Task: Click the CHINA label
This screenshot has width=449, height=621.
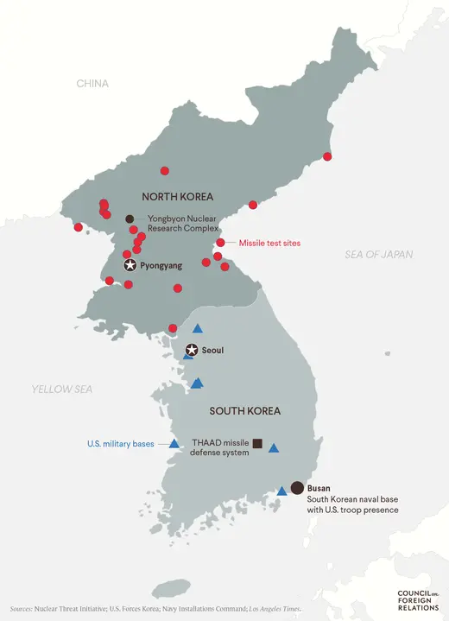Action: tap(92, 84)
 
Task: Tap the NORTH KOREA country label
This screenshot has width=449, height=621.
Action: tap(178, 197)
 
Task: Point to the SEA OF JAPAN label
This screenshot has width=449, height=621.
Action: tap(378, 254)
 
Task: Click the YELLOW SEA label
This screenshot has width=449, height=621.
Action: tap(62, 390)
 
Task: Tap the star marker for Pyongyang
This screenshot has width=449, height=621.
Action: tap(130, 265)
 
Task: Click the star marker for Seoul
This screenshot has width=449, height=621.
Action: tap(191, 351)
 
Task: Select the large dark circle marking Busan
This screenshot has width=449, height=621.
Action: tap(298, 488)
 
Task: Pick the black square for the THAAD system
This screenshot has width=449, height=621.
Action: tap(257, 444)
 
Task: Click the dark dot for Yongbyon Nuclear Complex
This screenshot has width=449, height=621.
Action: tap(130, 219)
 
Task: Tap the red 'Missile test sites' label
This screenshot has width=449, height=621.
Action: tap(269, 244)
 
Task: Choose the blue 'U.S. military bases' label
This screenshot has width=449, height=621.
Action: tap(120, 444)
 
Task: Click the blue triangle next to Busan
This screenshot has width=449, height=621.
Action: tap(281, 491)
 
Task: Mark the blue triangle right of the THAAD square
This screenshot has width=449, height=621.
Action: tap(274, 448)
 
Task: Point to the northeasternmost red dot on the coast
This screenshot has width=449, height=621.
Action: tap(327, 156)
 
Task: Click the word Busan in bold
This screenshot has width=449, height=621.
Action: tap(319, 488)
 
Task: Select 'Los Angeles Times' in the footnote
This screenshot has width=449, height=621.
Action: tap(276, 609)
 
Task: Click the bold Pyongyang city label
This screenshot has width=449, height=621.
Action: tap(161, 266)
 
